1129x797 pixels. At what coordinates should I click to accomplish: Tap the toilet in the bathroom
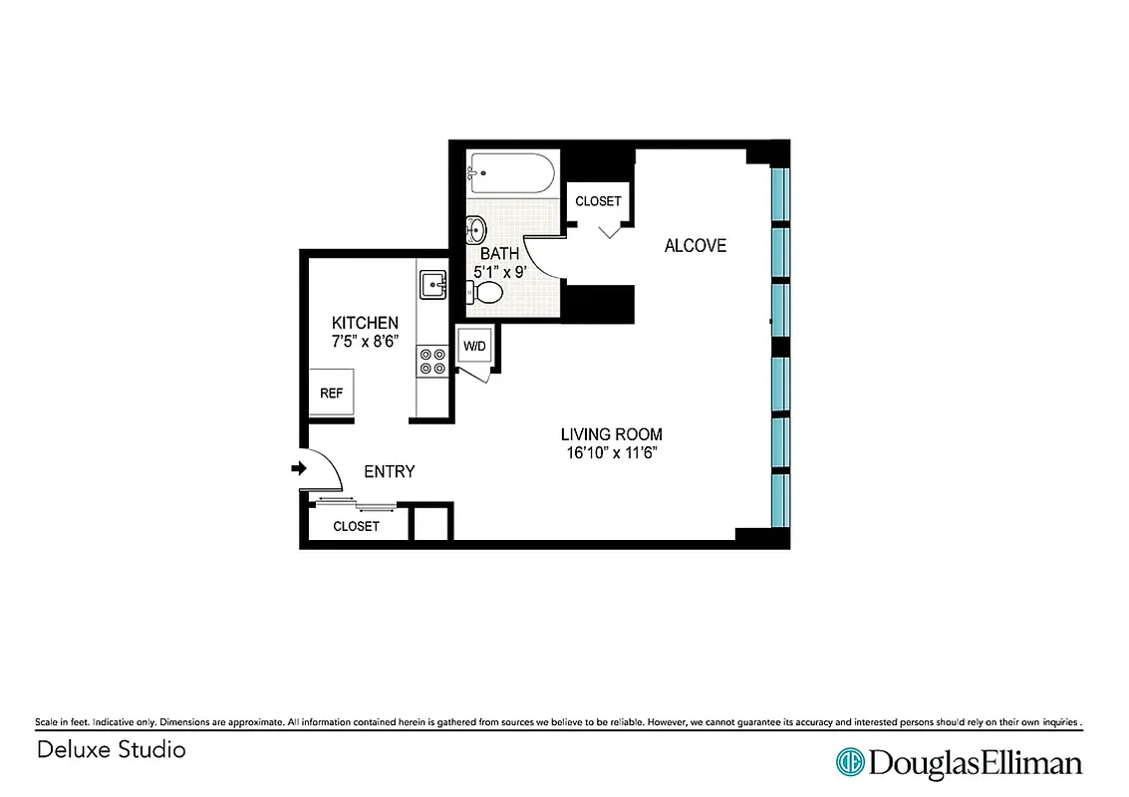[485, 292]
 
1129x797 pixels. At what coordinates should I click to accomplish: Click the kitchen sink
[432, 284]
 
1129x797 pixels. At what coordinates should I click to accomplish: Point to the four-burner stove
[432, 361]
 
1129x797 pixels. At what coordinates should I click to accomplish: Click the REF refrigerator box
[331, 394]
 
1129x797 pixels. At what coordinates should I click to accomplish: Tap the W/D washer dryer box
[473, 347]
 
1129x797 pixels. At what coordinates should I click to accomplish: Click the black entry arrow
[298, 469]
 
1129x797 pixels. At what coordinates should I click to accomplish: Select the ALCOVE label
[696, 246]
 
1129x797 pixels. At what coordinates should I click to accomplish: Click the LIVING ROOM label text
[611, 434]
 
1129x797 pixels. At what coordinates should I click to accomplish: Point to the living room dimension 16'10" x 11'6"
[611, 453]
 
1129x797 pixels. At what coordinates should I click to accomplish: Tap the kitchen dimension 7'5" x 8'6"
[365, 342]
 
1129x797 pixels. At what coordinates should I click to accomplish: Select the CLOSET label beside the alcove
[598, 201]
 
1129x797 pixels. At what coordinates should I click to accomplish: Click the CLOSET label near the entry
[356, 526]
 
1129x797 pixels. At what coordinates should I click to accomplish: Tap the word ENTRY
[389, 472]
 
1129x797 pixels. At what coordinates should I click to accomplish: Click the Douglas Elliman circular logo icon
[850, 762]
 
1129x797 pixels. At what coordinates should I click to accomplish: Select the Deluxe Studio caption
[112, 749]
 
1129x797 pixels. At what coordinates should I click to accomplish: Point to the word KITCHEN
[365, 323]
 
